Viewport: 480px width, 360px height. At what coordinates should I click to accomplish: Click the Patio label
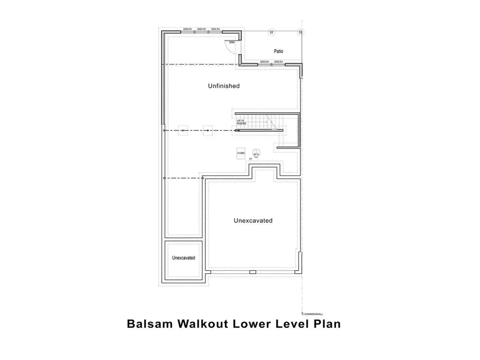click(278, 51)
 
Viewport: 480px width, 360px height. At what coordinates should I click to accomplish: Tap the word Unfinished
click(224, 86)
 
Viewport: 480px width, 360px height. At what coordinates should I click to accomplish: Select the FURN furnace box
click(241, 153)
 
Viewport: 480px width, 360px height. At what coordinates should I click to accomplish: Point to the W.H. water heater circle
click(256, 153)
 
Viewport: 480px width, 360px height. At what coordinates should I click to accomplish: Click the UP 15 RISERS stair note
click(241, 122)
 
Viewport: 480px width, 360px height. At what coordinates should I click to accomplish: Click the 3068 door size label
click(232, 42)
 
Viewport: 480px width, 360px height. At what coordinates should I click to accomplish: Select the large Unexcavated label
click(253, 220)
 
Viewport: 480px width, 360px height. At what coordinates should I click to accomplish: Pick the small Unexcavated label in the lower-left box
click(183, 258)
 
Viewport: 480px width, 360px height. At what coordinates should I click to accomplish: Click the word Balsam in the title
click(149, 324)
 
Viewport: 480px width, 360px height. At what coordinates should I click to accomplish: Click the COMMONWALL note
click(314, 314)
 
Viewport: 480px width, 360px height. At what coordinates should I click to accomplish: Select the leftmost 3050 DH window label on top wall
click(187, 29)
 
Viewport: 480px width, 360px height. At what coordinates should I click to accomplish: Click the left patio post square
click(270, 31)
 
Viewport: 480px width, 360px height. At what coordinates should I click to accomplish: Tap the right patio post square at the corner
click(300, 31)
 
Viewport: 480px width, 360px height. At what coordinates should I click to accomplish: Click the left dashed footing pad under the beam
click(183, 130)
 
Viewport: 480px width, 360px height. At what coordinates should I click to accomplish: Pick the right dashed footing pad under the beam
click(207, 130)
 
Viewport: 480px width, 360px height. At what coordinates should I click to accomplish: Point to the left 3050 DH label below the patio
click(264, 61)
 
